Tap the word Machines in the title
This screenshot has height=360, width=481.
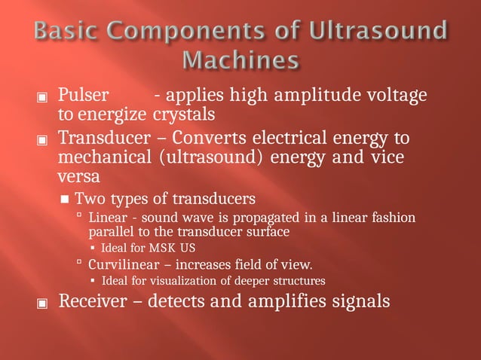pyautogui.click(x=240, y=59)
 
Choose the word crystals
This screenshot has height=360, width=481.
pyautogui.click(x=184, y=115)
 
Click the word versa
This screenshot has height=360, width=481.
pyautogui.click(x=76, y=178)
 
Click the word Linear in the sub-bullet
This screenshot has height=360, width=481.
pyautogui.click(x=108, y=218)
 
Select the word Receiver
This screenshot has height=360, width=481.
pyautogui.click(x=96, y=301)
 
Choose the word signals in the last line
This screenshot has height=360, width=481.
pyautogui.click(x=363, y=301)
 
